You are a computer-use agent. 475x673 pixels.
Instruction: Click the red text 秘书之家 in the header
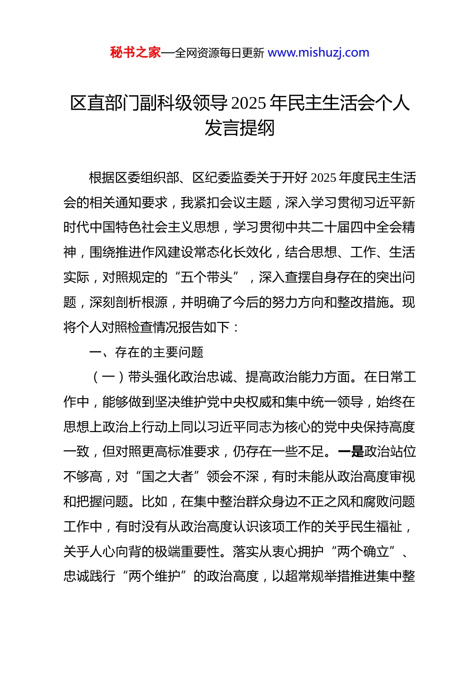135,53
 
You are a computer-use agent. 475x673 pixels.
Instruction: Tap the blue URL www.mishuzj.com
318,53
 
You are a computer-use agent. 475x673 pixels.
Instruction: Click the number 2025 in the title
249,103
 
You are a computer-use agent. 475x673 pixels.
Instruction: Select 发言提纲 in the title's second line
239,128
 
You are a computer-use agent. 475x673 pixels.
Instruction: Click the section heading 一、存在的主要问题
146,353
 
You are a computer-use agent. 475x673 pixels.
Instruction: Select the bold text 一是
351,452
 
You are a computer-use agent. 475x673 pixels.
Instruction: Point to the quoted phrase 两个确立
363,552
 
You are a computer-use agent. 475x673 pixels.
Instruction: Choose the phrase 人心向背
115,552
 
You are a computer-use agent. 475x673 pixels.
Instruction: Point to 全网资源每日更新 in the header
219,53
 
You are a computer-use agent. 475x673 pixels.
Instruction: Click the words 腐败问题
389,502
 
